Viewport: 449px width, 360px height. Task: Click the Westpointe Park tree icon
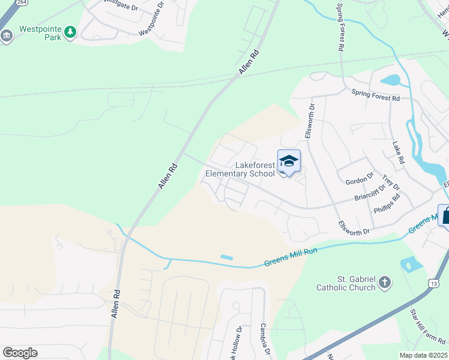(71, 32)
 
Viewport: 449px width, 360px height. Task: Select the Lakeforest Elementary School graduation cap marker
(289, 161)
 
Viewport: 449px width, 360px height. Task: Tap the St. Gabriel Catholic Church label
(346, 283)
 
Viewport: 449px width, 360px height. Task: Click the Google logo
(20, 353)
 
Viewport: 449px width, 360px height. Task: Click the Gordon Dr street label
(360, 178)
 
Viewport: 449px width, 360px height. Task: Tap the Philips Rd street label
(387, 205)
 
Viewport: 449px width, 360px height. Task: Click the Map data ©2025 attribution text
(423, 355)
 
